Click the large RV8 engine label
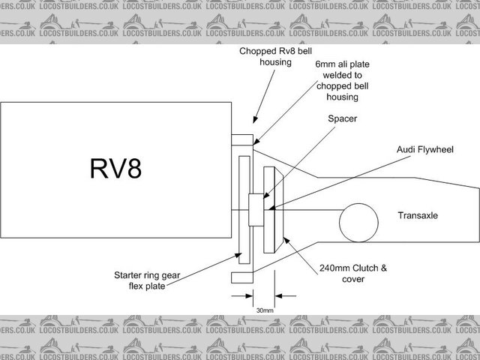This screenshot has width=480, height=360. tap(116, 169)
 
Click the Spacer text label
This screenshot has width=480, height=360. tap(343, 118)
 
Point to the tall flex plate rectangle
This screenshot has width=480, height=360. tap(243, 211)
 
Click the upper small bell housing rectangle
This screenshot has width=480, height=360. tap(242, 139)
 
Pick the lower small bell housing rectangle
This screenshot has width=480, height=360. tap(241, 278)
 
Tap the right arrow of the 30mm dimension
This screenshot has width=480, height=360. tap(280, 295)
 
